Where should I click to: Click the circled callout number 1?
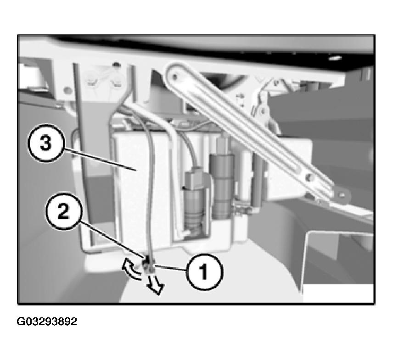[204, 271]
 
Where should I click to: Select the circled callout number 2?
[64, 211]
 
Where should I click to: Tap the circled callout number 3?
[46, 144]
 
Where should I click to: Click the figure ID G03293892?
[47, 321]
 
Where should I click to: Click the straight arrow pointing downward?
[155, 284]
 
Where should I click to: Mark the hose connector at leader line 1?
[148, 266]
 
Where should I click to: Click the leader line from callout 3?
[100, 160]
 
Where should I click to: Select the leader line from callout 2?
[112, 239]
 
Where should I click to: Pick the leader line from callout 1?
[170, 268]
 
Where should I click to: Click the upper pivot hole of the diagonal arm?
[175, 76]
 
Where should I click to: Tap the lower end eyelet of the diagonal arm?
[342, 195]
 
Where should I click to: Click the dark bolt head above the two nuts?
[115, 65]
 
